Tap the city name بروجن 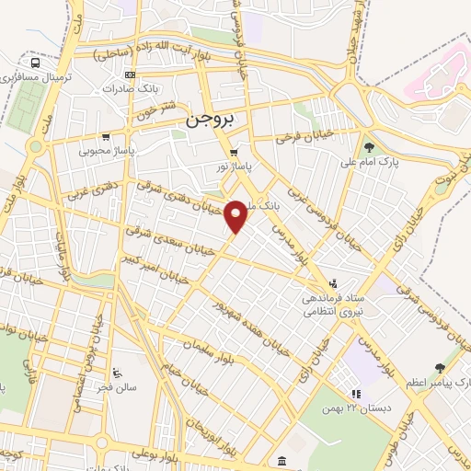[211, 120]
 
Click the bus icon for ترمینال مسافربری [35, 64]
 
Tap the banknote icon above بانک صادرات [130, 75]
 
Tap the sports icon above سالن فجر [116, 373]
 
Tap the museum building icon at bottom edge [280, 459]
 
